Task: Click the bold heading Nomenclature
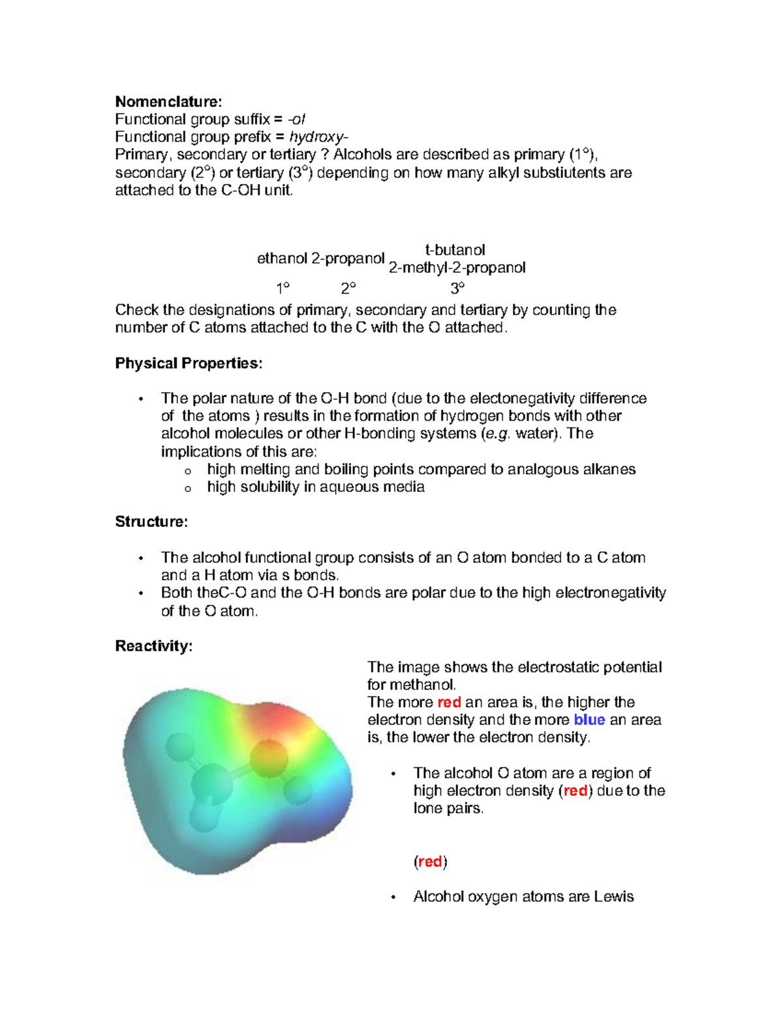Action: [168, 102]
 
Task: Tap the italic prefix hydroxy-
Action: [318, 137]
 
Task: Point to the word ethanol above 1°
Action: [282, 258]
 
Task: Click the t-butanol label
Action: [455, 250]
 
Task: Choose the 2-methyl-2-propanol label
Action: [457, 268]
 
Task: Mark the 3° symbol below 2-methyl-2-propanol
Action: [457, 288]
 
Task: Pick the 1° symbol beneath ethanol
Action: [283, 288]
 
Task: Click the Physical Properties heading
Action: [189, 363]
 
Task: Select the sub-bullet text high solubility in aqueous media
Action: [316, 487]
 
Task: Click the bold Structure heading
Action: [151, 522]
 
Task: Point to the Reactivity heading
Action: [154, 646]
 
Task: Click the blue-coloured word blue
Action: [589, 720]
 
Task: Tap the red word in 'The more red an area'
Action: [449, 703]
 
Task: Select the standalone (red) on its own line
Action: [430, 862]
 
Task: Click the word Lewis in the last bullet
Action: [613, 897]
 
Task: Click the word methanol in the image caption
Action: [411, 685]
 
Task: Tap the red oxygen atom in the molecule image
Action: [268, 757]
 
